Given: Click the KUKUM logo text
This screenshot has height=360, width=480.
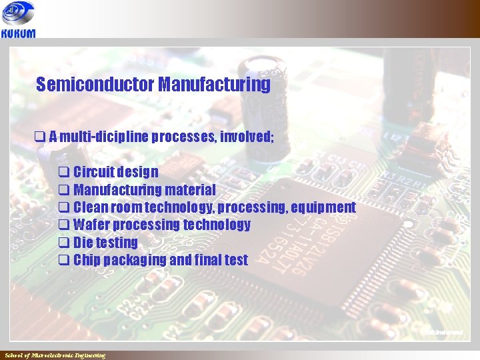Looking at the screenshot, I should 19,34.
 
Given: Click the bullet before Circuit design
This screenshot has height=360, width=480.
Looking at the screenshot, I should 64,173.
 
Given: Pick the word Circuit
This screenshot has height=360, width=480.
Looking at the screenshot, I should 94,173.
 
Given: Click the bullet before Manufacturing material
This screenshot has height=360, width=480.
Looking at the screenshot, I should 64,190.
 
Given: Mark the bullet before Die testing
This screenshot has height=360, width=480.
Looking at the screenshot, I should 64,243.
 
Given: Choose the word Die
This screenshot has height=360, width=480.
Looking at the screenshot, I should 83,243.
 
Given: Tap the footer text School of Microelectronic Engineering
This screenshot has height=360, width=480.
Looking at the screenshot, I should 55,355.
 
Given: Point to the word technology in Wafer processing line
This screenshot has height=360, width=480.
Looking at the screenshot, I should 219,225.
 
